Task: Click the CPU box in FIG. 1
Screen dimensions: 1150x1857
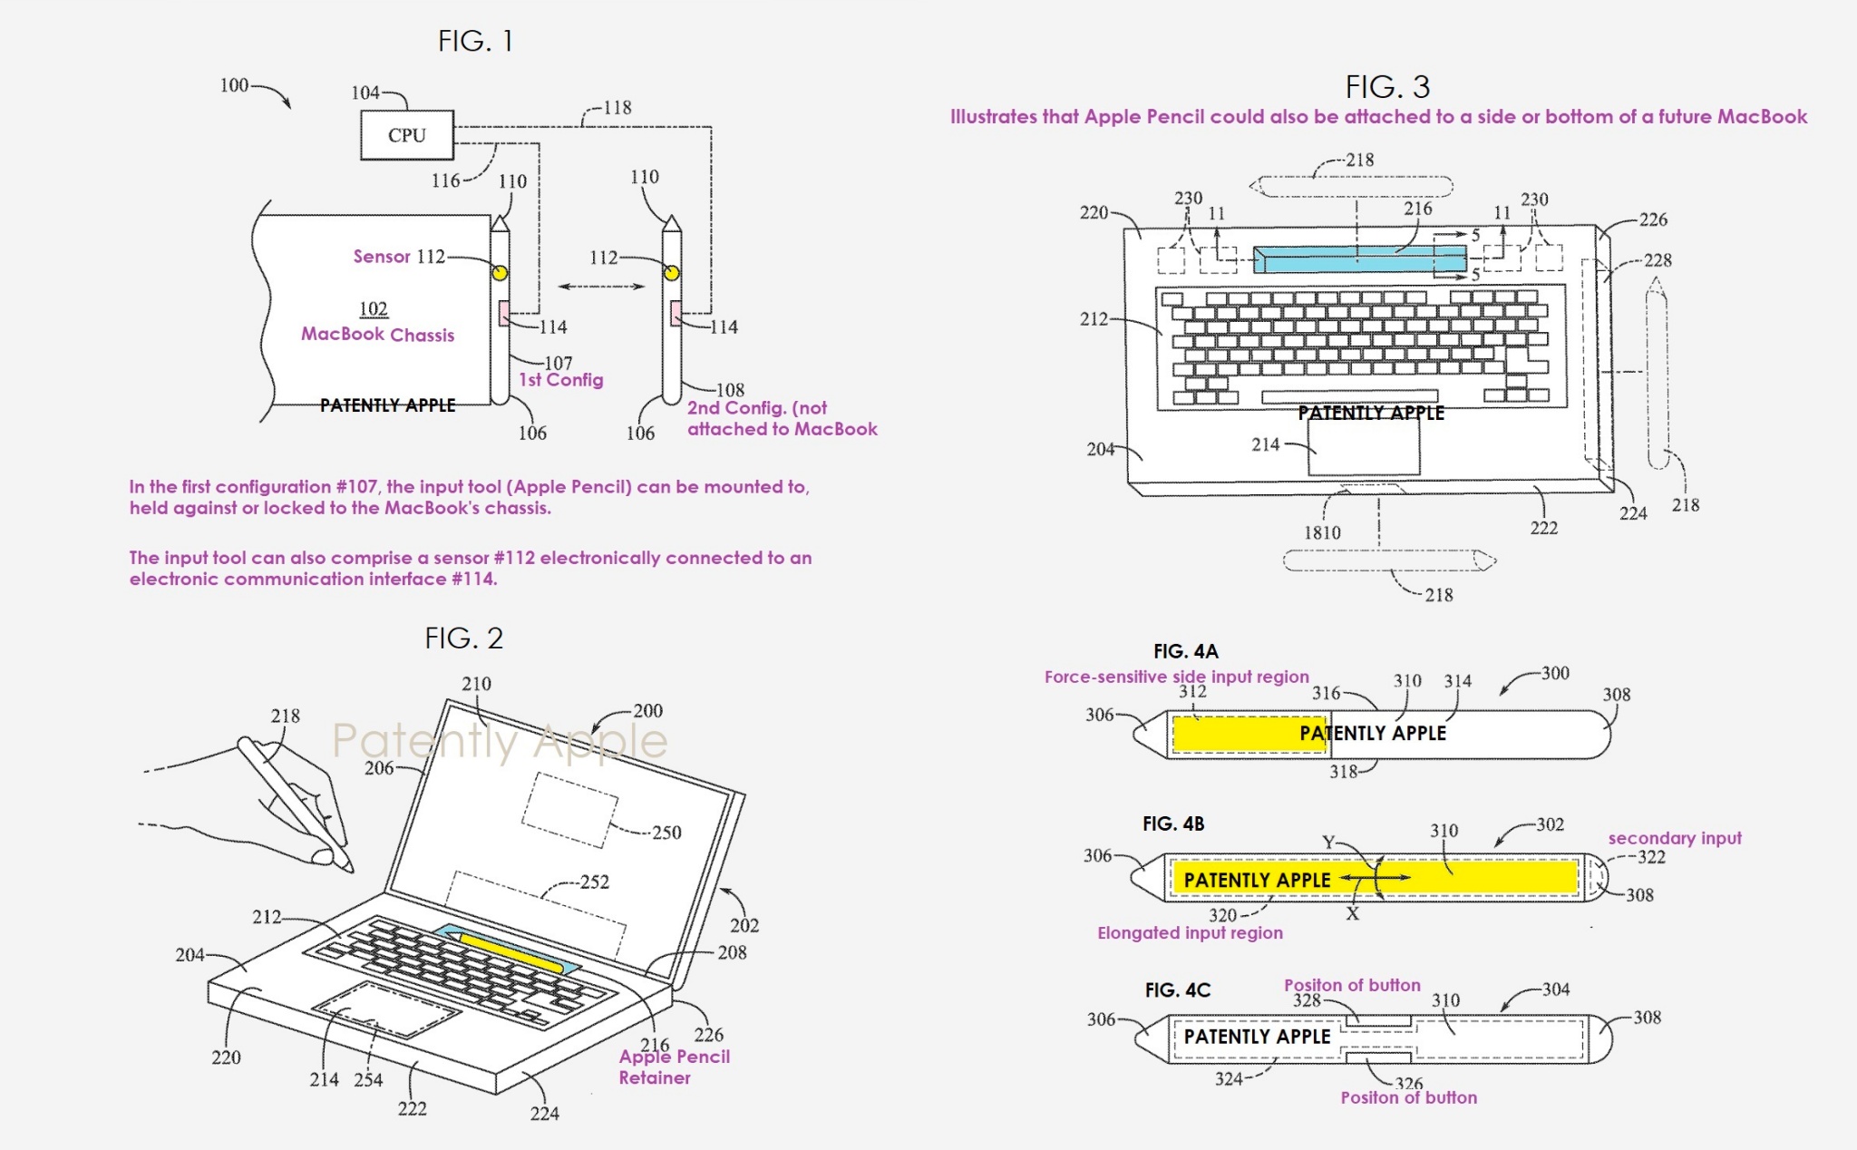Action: (x=406, y=135)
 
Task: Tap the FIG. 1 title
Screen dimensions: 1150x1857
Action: (x=475, y=41)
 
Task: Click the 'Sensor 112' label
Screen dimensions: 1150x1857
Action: (x=399, y=257)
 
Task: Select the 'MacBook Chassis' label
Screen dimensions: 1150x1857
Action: (x=377, y=335)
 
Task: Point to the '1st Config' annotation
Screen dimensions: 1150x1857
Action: (x=560, y=380)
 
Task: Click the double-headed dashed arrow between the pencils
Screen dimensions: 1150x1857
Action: (x=601, y=287)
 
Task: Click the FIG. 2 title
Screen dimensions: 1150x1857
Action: (x=463, y=638)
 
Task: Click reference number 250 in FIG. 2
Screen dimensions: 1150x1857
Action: (x=666, y=833)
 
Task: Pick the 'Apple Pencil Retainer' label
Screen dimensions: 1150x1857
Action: (x=673, y=1067)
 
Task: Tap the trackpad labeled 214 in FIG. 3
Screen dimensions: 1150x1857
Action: (x=1363, y=446)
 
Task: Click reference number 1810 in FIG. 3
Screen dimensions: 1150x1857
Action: (x=1322, y=533)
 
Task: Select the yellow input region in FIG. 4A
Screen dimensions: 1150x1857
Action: (x=1249, y=733)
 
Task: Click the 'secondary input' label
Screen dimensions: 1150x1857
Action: (x=1674, y=838)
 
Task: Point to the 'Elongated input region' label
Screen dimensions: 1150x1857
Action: (x=1190, y=933)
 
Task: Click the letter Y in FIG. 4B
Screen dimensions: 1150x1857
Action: (x=1328, y=843)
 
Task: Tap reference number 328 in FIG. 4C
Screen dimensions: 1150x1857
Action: (x=1307, y=1000)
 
